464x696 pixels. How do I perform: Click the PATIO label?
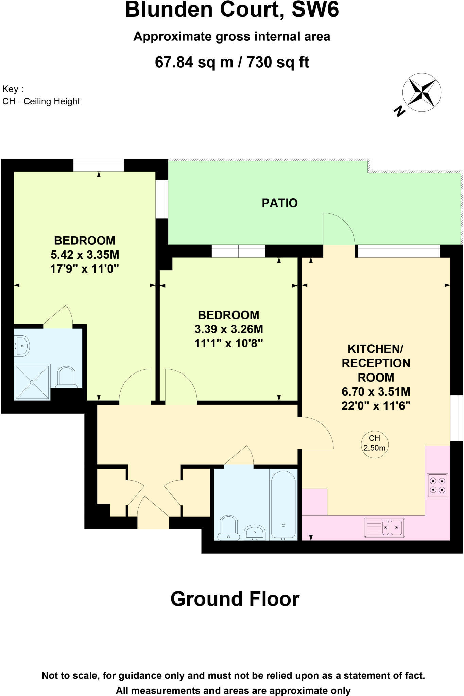coord(279,203)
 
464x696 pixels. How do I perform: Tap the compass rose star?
coord(422,92)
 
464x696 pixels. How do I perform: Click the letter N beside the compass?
coord(399,111)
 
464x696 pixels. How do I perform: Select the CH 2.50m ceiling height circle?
coord(374,443)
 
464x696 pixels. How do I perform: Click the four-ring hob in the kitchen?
coord(437,485)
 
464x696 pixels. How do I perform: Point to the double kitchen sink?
coord(384,527)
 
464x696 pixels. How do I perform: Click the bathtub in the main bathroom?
coord(283,505)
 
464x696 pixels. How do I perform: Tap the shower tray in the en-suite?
coord(32,382)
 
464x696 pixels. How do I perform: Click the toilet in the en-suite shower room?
coord(67,377)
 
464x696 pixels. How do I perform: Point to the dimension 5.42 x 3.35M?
coord(85,255)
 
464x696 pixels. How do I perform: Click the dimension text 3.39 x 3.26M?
coord(228,329)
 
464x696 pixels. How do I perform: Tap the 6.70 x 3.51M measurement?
coord(376,391)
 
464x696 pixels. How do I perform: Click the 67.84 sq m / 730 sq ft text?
coord(232,62)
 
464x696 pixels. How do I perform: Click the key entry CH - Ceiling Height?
coord(41,101)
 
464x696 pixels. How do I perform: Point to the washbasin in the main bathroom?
coord(255,532)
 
